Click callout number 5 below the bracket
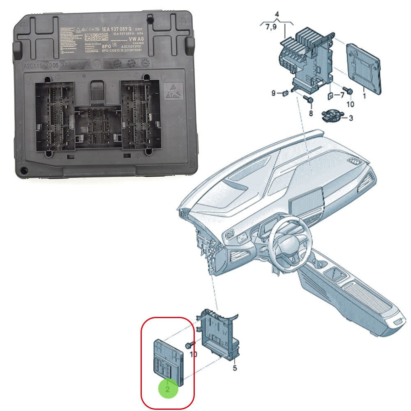235,368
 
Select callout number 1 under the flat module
364,96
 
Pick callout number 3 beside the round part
351,118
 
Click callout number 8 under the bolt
310,113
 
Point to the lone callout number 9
273,93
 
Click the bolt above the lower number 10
189,344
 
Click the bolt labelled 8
309,100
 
